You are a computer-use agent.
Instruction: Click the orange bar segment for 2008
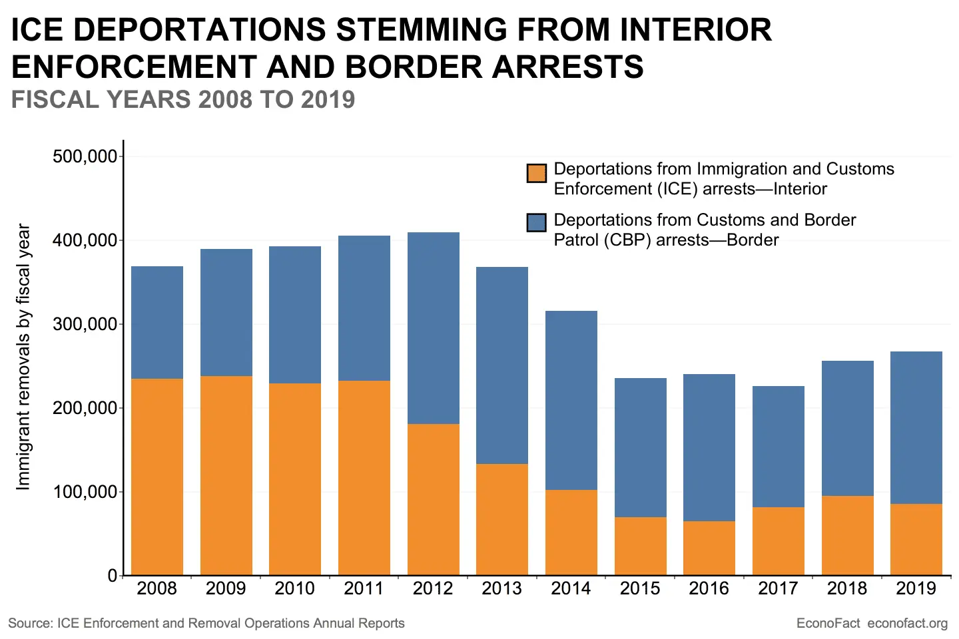pyautogui.click(x=157, y=477)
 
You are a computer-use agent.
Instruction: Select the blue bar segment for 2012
pyautogui.click(x=434, y=328)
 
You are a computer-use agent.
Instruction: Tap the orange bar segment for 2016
pyautogui.click(x=709, y=548)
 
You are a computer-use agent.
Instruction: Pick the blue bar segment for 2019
pyautogui.click(x=916, y=427)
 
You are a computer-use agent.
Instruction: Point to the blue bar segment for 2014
pyautogui.click(x=571, y=400)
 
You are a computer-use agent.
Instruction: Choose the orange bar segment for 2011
pyautogui.click(x=364, y=477)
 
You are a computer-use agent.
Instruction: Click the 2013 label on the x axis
pyautogui.click(x=502, y=588)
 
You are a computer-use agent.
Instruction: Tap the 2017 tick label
pyautogui.click(x=779, y=588)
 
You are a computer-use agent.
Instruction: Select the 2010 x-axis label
pyautogui.click(x=295, y=588)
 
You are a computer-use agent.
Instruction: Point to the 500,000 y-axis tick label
pyautogui.click(x=85, y=156)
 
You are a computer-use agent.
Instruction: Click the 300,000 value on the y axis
pyautogui.click(x=85, y=324)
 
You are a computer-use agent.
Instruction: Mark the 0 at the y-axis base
pyautogui.click(x=113, y=576)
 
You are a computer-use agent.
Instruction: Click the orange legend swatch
pyautogui.click(x=537, y=173)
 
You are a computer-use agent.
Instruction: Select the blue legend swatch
pyautogui.click(x=537, y=222)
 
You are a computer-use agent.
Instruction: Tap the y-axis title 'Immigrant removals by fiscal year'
pyautogui.click(x=24, y=357)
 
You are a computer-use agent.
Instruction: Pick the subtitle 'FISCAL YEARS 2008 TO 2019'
pyautogui.click(x=183, y=100)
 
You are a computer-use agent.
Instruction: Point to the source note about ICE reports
pyautogui.click(x=206, y=624)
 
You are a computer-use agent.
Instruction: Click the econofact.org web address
pyautogui.click(x=908, y=624)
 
